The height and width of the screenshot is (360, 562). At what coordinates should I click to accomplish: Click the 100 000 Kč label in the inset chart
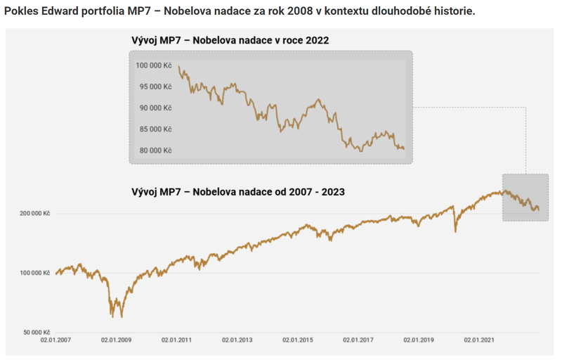(154, 65)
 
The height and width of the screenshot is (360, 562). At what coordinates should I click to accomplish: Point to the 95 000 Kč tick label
(155, 86)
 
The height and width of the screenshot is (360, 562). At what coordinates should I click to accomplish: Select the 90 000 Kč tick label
(155, 108)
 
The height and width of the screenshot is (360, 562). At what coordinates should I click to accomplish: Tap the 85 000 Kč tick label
(155, 129)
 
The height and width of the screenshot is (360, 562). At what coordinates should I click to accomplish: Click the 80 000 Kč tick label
(155, 150)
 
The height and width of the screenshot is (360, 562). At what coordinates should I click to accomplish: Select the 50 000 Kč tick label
(34, 332)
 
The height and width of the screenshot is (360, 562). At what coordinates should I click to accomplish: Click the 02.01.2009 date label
(117, 340)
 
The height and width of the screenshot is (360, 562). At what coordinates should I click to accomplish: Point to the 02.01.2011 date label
(178, 340)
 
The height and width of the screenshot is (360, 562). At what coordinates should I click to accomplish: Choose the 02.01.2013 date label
(237, 340)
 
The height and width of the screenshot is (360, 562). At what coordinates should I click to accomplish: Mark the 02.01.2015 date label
(298, 340)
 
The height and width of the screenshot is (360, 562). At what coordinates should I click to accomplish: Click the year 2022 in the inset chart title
(316, 40)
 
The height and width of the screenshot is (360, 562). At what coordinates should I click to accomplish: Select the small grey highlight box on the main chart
(525, 198)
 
